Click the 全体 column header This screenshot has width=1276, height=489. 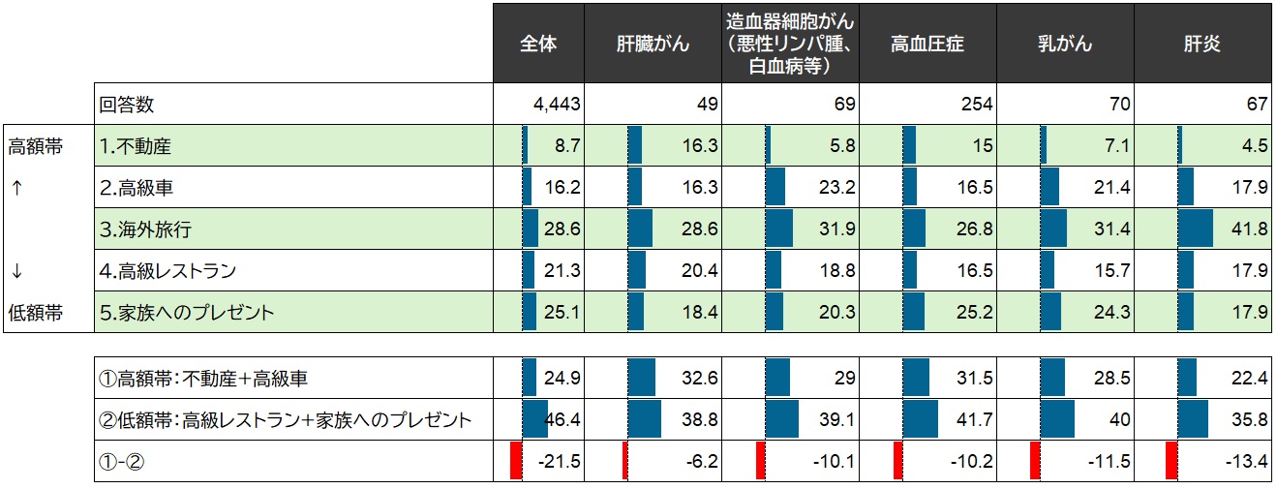coord(538,44)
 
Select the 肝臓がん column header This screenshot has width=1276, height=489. coord(653,44)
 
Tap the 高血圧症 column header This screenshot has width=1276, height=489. coord(927,44)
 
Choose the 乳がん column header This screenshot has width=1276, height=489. coord(1064,44)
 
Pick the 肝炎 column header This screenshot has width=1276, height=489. coord(1201,44)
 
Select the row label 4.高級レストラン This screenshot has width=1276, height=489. coord(167,271)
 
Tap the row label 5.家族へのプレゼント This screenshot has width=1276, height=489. coord(187,313)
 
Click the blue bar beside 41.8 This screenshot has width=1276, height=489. coord(1196,229)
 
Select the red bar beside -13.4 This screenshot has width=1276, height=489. coord(1171,461)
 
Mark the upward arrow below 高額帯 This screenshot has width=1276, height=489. coord(17,188)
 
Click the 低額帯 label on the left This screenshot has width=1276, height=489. coord(35,313)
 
